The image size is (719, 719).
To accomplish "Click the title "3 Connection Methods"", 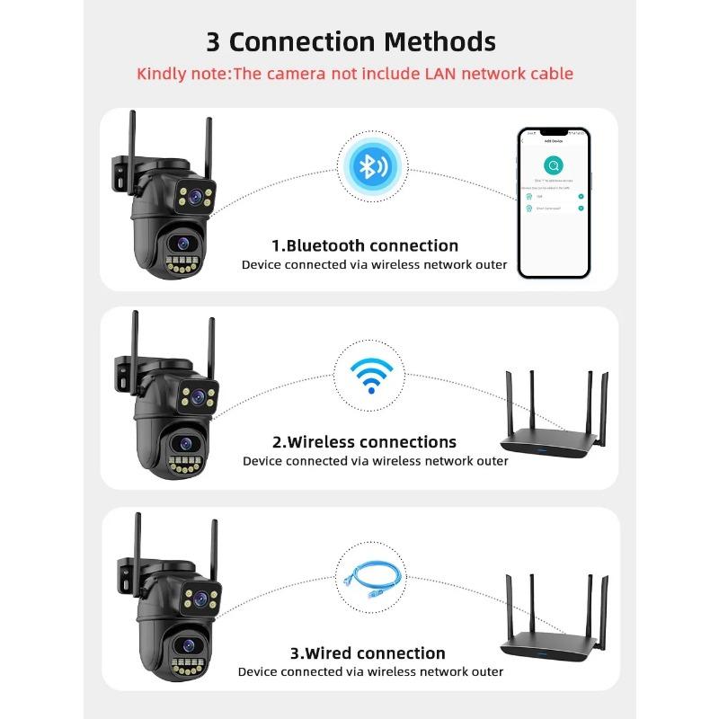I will (351, 41).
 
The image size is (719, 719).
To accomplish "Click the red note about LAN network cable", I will (354, 74).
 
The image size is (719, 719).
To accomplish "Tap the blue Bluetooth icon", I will (368, 166).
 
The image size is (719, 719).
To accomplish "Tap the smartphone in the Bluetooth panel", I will (554, 202).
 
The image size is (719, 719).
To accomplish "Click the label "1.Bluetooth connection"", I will (365, 245).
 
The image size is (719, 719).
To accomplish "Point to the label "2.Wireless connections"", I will (364, 442).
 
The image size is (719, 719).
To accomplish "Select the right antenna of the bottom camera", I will (214, 548).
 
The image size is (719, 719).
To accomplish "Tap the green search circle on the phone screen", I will (554, 165).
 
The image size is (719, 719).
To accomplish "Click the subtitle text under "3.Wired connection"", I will (370, 671).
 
